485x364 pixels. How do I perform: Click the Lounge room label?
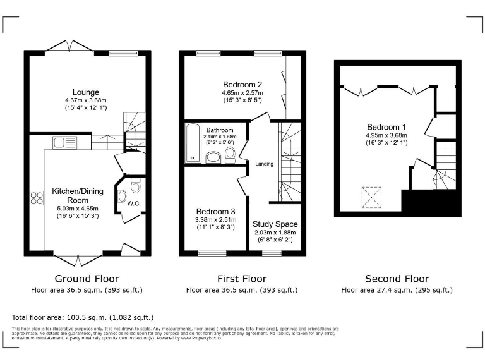point(86,92)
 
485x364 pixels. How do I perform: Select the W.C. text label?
point(133,203)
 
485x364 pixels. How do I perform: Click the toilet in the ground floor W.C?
point(135,185)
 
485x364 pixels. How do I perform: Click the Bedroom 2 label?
point(242,84)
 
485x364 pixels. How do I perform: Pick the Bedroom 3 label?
point(215,211)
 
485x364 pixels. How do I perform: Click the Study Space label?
point(275,224)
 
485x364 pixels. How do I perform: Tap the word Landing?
point(264,164)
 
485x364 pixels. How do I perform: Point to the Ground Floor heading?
point(87,279)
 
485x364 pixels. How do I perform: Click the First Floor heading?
point(241,279)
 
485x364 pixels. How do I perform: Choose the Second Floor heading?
point(397,279)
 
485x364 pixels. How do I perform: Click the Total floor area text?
point(83,317)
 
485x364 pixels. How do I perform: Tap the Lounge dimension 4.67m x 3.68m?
point(86,100)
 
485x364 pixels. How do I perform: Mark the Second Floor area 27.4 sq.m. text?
point(397,290)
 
